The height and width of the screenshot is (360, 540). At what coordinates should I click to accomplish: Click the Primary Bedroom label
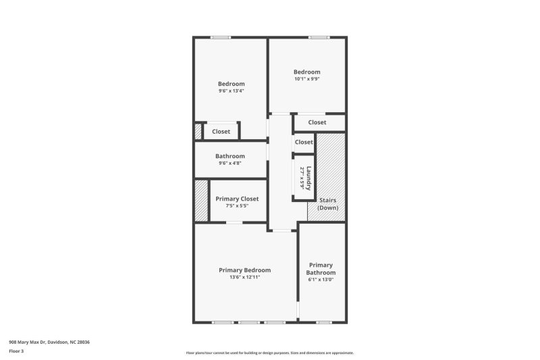[x=244, y=269]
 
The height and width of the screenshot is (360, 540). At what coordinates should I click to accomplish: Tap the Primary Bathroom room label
[x=321, y=269]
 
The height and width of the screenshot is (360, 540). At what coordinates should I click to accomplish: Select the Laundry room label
[x=308, y=178]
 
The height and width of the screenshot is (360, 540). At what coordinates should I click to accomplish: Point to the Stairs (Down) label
[x=327, y=204]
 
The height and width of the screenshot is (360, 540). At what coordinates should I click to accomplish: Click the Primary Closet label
[x=237, y=199]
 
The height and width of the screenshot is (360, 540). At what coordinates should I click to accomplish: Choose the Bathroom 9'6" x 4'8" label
[x=230, y=156]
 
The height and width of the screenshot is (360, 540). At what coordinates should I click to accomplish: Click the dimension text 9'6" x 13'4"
[x=231, y=91]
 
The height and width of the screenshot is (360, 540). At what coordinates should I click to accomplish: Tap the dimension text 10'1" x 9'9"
[x=306, y=79]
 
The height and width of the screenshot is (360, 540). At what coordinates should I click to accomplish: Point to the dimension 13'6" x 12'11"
[x=244, y=277]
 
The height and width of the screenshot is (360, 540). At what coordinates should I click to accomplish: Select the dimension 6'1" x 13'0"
[x=321, y=280]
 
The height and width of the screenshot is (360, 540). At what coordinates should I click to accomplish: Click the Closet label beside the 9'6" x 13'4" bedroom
[x=221, y=132]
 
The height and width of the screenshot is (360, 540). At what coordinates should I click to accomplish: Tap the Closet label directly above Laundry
[x=304, y=143]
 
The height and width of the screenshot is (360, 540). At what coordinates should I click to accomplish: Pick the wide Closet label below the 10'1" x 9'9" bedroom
[x=317, y=122]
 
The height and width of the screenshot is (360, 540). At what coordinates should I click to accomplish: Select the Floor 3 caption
[x=16, y=351]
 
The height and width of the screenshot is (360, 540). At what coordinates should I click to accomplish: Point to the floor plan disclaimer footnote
[x=269, y=353]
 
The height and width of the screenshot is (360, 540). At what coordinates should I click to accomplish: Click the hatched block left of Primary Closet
[x=201, y=200]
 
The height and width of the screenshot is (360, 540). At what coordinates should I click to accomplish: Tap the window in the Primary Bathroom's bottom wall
[x=322, y=322]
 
